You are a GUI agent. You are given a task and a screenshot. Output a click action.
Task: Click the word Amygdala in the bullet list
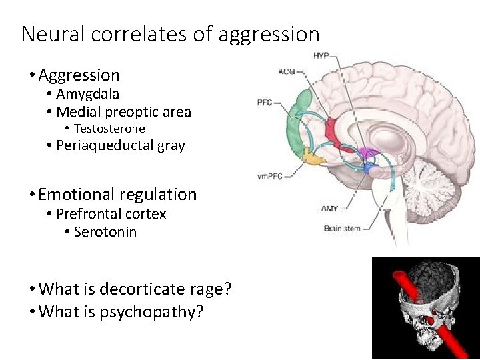pyautogui.click(x=87, y=94)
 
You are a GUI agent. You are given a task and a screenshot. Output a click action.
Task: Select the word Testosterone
pyautogui.click(x=109, y=129)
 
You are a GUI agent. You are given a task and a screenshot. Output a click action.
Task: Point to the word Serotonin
pyautogui.click(x=105, y=232)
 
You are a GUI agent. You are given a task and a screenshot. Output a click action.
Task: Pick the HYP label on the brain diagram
pyautogui.click(x=321, y=55)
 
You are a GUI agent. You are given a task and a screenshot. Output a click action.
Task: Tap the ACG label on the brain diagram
pyautogui.click(x=286, y=71)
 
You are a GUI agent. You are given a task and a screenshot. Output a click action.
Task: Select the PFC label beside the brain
pyautogui.click(x=265, y=103)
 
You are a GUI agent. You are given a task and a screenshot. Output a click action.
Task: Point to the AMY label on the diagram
pyautogui.click(x=329, y=209)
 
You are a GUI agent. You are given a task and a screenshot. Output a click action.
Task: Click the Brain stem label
pyautogui.click(x=342, y=229)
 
